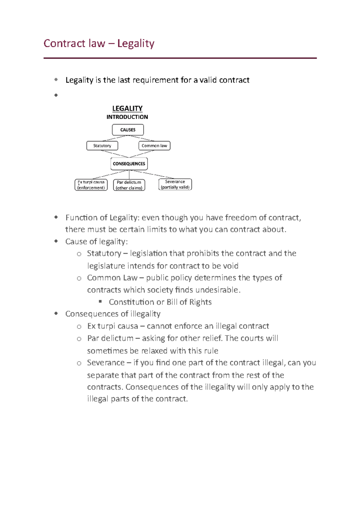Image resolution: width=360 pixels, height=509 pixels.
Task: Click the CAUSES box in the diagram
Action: click(x=128, y=130)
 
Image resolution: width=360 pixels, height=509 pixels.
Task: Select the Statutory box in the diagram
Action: click(x=102, y=146)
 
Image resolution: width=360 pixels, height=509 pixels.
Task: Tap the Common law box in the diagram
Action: click(x=154, y=146)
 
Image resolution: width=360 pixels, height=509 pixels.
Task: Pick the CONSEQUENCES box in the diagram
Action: click(x=129, y=164)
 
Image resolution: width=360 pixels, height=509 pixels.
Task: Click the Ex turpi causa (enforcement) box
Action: click(x=91, y=185)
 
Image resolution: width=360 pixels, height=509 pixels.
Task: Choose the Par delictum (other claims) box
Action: click(x=129, y=185)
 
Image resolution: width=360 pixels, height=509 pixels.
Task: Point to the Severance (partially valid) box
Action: click(x=175, y=184)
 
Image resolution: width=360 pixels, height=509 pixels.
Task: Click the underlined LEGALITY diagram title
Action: click(x=127, y=109)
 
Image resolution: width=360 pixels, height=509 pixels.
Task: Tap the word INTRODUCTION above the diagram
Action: click(x=127, y=117)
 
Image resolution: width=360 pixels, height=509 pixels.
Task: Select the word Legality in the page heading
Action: click(x=136, y=43)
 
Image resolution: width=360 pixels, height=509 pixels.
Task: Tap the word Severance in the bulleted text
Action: click(x=106, y=363)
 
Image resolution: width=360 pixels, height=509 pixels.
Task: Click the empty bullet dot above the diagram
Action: click(x=56, y=95)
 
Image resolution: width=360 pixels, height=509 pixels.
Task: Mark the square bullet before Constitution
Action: click(x=100, y=301)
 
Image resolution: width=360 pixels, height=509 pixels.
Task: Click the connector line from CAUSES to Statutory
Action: click(x=115, y=138)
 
